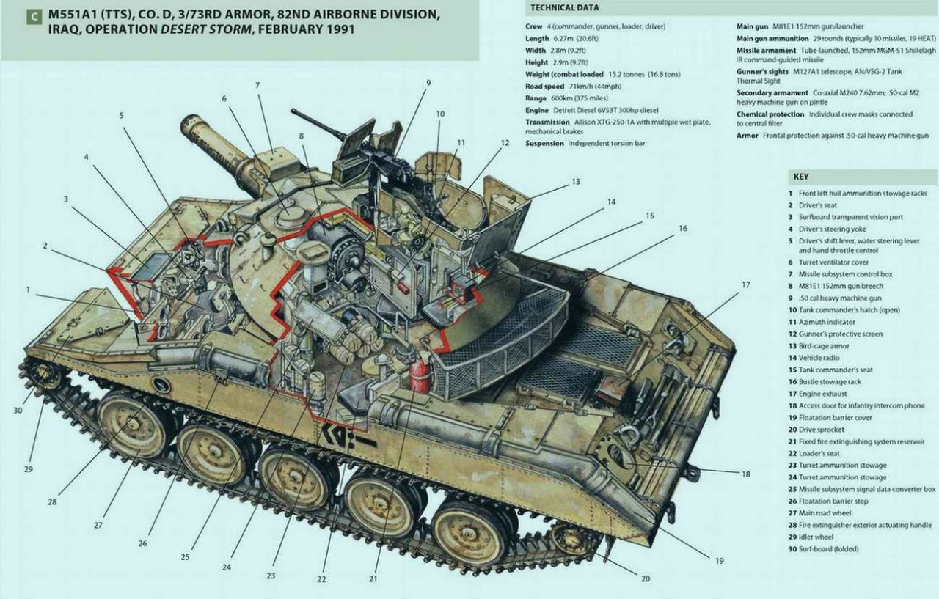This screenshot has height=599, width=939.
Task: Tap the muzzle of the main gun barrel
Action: tap(192, 125)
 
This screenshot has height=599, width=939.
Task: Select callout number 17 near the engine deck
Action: tap(745, 284)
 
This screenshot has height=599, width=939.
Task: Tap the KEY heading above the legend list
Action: tap(801, 177)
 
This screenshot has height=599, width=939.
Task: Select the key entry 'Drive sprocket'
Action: tap(816, 430)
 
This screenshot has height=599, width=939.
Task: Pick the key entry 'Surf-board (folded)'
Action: tap(823, 549)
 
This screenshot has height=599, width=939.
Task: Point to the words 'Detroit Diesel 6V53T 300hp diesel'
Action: tap(616, 110)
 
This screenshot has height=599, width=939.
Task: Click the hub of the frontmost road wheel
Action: tap(131, 423)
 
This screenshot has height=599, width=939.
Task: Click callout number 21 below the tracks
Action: tap(374, 578)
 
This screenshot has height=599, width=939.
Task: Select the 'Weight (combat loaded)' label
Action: tap(565, 74)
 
